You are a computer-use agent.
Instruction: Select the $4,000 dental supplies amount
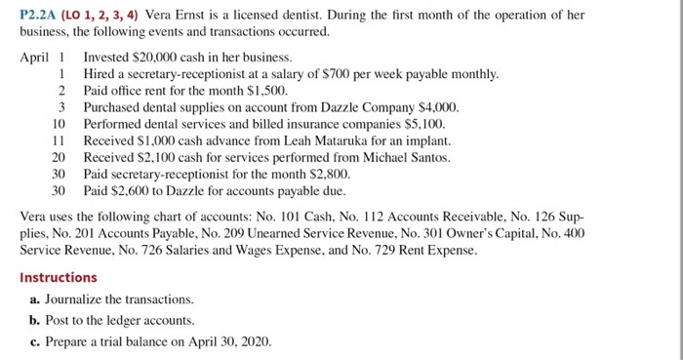(438, 107)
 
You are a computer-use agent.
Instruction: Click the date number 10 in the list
(59, 124)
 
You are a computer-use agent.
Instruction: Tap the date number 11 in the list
(59, 140)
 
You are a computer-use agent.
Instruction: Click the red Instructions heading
(59, 277)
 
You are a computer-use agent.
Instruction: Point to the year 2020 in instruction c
(257, 341)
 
